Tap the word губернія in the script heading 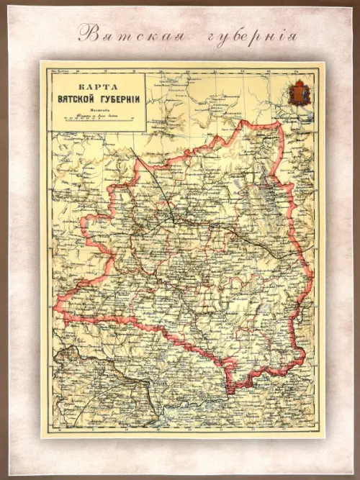[x=242, y=34]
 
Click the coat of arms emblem [x=297, y=93]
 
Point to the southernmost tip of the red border [x=229, y=393]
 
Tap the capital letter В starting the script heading [x=86, y=32]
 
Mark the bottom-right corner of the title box [x=146, y=132]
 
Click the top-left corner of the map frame [x=41, y=62]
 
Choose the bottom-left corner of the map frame [x=41, y=436]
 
